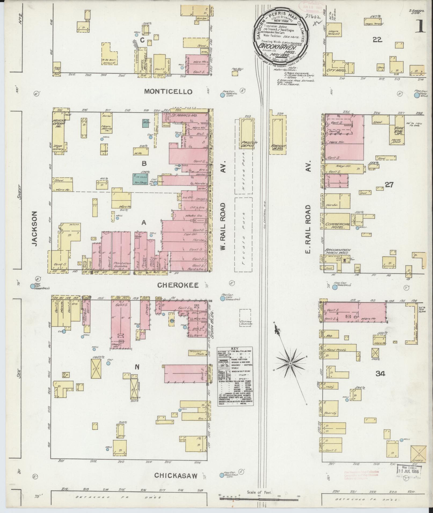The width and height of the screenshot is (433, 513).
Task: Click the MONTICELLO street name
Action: pos(168,92)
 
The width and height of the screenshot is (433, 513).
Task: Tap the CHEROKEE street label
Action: pos(178,285)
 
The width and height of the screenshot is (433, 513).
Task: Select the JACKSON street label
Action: pos(34,228)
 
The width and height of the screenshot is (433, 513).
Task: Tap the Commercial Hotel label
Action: pos(337,226)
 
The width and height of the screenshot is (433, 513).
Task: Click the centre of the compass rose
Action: pos(290,363)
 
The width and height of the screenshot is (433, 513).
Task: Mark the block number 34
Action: pos(380,374)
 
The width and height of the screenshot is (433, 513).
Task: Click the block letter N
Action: pos(137,367)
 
